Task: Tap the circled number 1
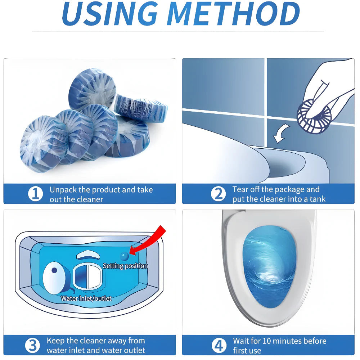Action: [x=35, y=194]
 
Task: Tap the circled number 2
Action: [x=218, y=194]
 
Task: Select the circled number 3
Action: [x=32, y=346]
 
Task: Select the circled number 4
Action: [x=219, y=346]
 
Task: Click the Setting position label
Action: [x=125, y=266]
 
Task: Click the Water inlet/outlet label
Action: [x=86, y=298]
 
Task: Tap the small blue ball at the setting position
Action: [x=124, y=256]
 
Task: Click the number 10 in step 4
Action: [x=266, y=341]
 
